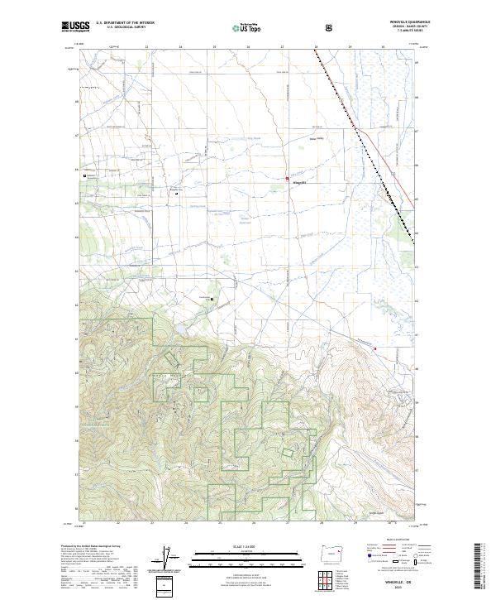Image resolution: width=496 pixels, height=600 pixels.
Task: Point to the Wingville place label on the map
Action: [x=299, y=182]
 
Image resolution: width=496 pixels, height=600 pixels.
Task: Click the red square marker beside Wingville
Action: [x=287, y=179]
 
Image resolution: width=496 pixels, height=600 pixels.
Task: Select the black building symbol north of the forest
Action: [x=212, y=299]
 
